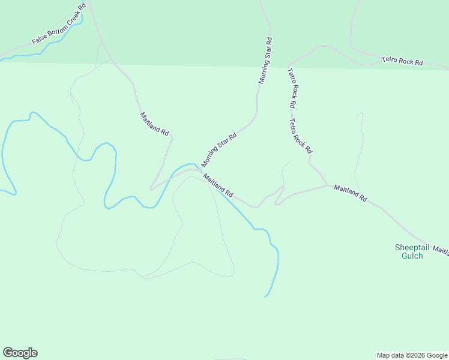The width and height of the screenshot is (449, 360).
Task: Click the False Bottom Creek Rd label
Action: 59,25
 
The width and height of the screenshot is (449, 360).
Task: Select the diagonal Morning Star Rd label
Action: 219,150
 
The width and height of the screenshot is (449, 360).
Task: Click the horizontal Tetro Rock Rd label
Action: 402,61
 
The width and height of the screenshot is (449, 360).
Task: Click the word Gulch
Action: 412,256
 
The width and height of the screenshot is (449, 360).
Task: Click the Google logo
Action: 20,353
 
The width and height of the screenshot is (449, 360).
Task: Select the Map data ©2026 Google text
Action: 412,355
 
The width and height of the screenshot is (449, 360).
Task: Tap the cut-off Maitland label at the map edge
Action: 441,250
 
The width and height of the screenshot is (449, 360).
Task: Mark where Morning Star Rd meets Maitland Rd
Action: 199,170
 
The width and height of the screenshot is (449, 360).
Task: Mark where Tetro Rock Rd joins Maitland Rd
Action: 328,185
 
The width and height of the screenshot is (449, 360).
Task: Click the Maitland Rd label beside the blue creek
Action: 218,185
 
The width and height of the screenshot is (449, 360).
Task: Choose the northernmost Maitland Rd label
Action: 154,124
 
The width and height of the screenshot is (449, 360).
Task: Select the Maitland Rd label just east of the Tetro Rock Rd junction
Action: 350,193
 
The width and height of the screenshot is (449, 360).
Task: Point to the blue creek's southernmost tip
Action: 265,296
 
